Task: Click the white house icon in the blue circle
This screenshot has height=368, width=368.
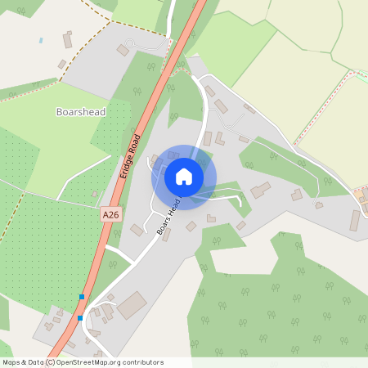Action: (x=184, y=177)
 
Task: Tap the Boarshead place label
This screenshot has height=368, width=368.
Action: (x=81, y=110)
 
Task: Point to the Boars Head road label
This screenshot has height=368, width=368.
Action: (x=168, y=218)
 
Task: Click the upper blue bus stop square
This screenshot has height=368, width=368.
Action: (x=82, y=296)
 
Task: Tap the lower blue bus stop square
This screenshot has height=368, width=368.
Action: (x=80, y=317)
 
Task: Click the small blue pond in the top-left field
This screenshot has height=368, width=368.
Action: (x=41, y=39)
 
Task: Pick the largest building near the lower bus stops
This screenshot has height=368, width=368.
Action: (x=131, y=306)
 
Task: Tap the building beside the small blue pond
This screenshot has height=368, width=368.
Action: (x=67, y=38)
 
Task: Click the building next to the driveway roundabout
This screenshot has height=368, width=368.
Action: (x=123, y=51)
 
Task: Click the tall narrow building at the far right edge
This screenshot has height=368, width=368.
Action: (x=355, y=220)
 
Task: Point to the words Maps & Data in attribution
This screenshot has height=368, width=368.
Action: (x=22, y=362)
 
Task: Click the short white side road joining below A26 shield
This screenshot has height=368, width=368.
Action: (x=119, y=255)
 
